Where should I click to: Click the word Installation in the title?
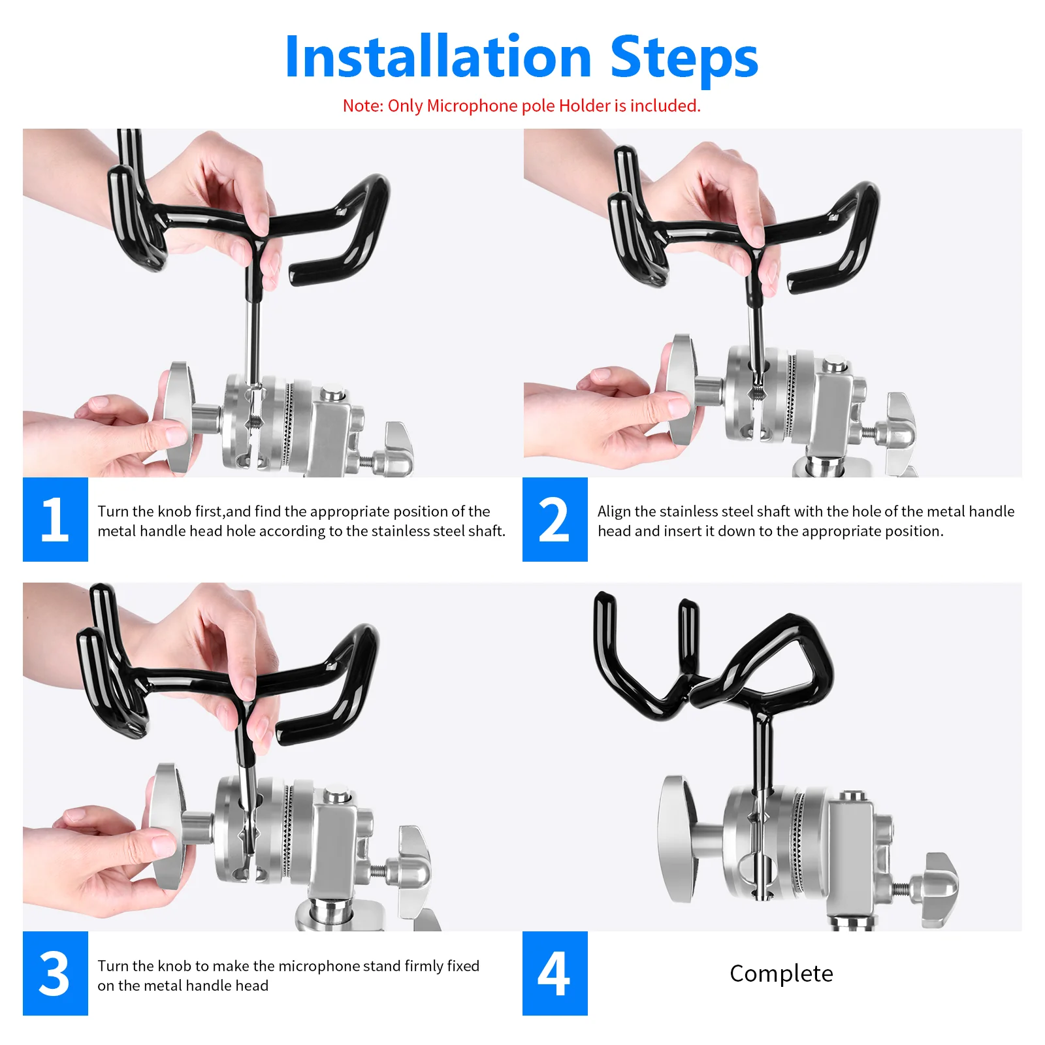point(438,57)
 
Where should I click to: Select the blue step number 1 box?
point(55,519)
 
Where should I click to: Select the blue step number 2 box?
point(555,519)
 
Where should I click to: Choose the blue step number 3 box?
point(55,973)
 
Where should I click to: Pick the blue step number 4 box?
point(555,973)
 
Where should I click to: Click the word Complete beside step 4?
point(781,974)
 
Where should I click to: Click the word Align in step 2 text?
point(613,511)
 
